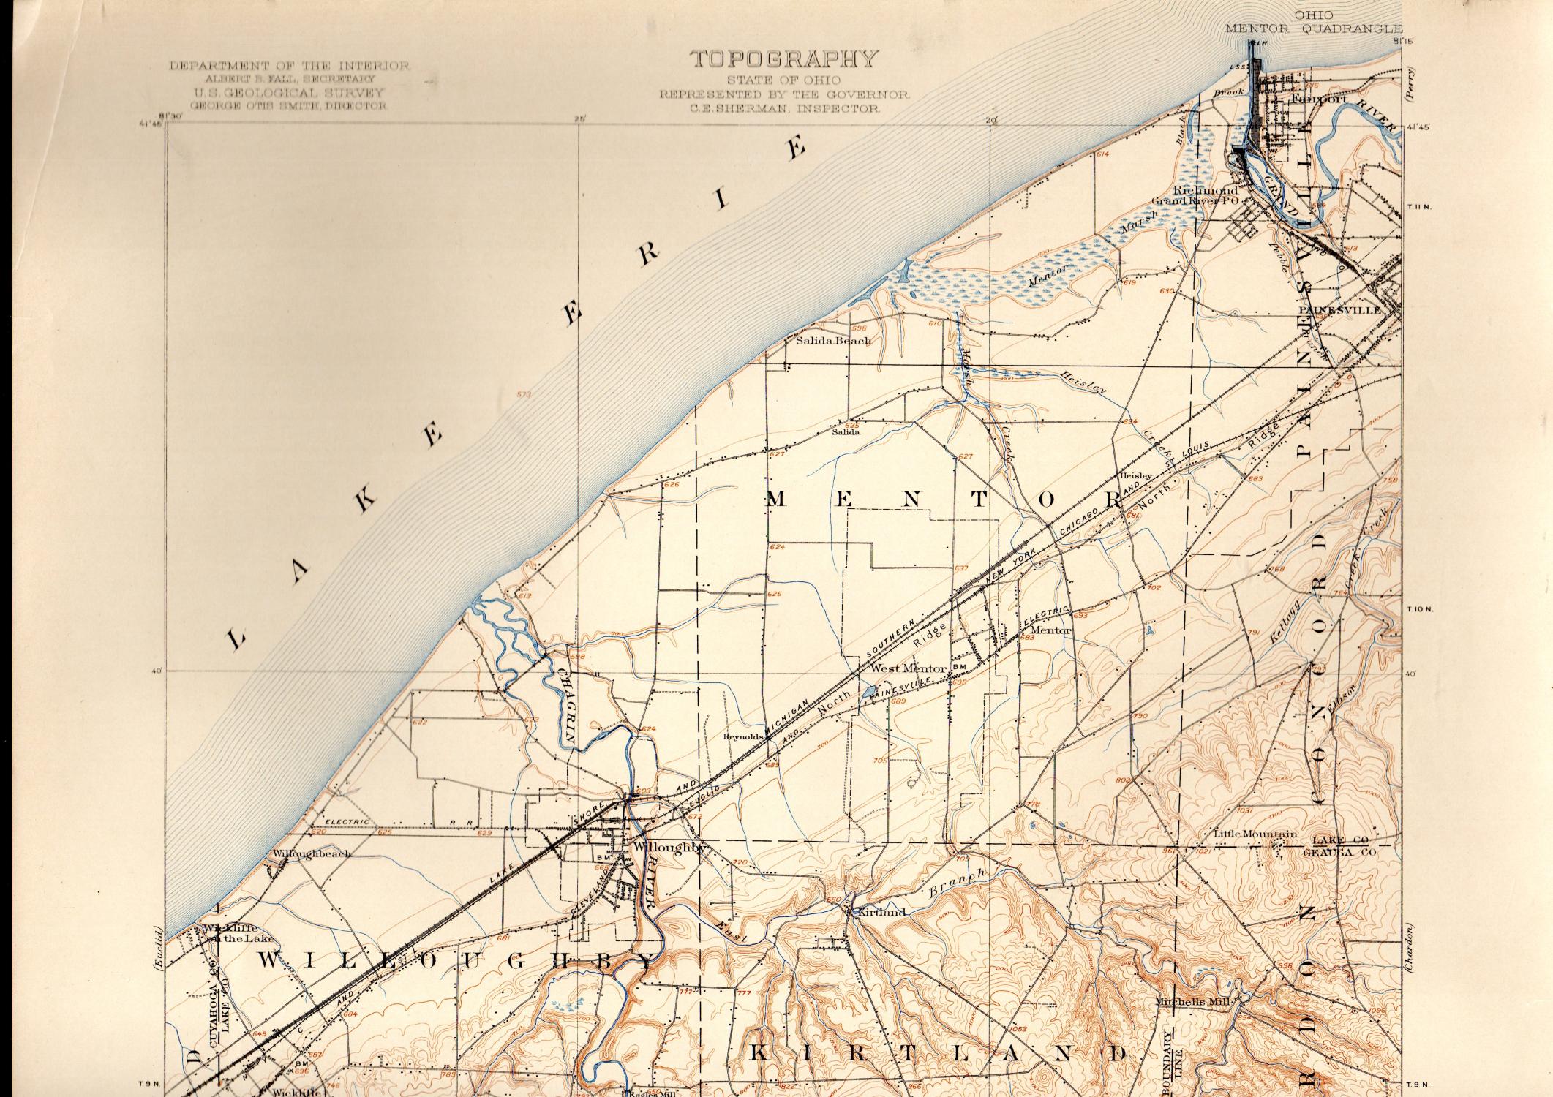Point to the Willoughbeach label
click(312, 853)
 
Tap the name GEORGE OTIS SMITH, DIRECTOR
click(288, 105)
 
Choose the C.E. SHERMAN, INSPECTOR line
click(786, 108)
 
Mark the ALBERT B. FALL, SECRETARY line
click(290, 78)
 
